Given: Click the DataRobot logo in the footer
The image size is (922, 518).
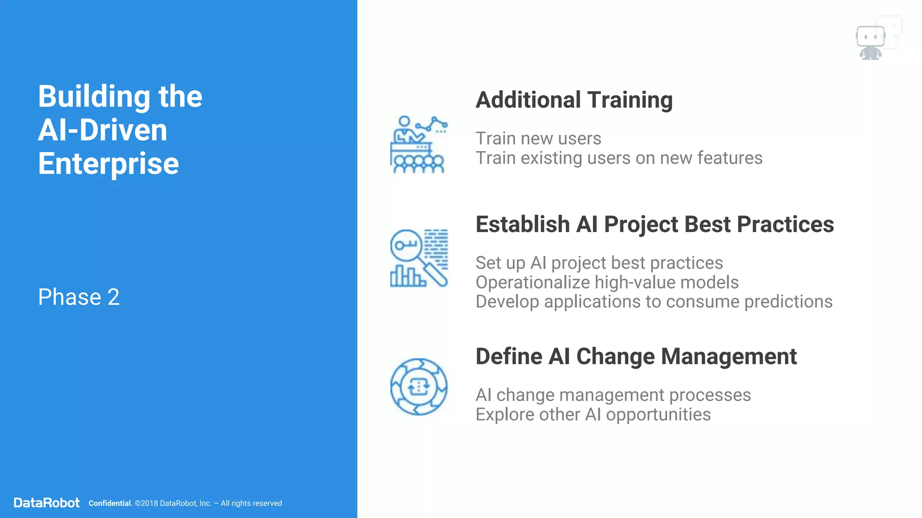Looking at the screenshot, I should coord(47,503).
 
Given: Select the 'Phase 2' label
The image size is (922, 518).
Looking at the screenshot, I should coord(79,297).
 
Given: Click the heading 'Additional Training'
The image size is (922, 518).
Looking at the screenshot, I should coord(574,100).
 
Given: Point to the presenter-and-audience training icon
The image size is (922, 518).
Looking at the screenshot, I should coord(419,144).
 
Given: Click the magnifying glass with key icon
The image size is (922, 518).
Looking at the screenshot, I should coord(419,258).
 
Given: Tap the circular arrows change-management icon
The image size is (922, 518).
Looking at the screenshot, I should coord(419,387).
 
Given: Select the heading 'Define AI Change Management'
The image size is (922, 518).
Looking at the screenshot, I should coord(636,357).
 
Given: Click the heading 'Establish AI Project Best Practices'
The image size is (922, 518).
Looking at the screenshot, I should coord(655,224).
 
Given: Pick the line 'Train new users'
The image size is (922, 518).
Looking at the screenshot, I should coord(538,138).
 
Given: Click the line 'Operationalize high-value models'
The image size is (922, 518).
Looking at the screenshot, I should coord(607,282).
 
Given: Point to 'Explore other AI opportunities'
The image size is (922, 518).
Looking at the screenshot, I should coord(593,415).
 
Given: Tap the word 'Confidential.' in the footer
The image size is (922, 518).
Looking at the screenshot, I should coord(110,503).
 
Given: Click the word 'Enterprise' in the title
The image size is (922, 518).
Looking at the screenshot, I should coord(108,163).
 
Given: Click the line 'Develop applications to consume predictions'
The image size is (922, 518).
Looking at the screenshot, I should coord(654,302).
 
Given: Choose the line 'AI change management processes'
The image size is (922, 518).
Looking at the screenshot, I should coord(613,395).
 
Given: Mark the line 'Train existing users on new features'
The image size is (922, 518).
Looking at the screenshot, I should coord(619,158).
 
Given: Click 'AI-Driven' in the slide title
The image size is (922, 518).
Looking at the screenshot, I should coord(103,130).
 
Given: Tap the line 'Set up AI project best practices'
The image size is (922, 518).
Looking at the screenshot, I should coord(599,263).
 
